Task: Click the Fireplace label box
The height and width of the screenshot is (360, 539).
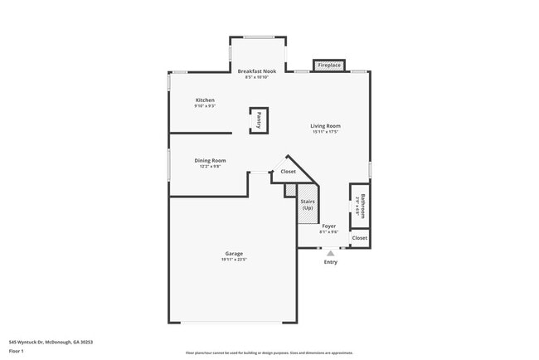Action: click(x=329, y=65)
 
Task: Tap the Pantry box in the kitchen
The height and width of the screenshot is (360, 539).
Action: click(x=259, y=119)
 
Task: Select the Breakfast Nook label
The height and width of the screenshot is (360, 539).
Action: click(x=257, y=71)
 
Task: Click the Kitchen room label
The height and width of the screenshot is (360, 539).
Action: click(x=205, y=100)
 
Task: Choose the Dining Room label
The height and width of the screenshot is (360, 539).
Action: click(x=210, y=160)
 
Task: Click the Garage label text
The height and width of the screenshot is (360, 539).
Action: click(x=234, y=253)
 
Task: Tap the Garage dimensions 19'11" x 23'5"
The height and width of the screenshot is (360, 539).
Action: click(x=234, y=260)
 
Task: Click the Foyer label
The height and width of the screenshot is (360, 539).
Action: click(x=329, y=226)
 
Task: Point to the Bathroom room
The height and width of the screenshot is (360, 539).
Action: click(x=360, y=203)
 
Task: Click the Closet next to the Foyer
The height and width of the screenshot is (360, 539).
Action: click(x=359, y=238)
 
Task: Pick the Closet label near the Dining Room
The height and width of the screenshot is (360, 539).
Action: click(x=288, y=172)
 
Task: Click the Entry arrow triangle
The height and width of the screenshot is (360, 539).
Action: click(x=330, y=253)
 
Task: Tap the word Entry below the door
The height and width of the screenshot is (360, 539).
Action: click(x=330, y=262)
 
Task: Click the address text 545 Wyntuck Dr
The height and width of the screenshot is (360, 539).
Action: click(x=51, y=341)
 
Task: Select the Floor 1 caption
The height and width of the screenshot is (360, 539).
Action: click(x=17, y=352)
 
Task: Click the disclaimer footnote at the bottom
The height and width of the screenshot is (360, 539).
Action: click(x=269, y=353)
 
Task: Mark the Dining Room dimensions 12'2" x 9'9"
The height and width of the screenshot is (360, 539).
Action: click(x=210, y=167)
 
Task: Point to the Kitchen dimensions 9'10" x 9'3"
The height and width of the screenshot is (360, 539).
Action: click(x=205, y=106)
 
